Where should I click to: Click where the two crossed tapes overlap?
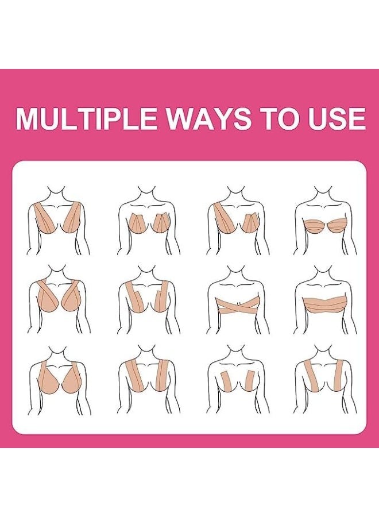click(x=237, y=303)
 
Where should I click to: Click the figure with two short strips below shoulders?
click(x=237, y=379)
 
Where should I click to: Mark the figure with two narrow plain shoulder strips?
click(x=325, y=379)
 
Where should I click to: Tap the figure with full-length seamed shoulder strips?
click(x=148, y=379)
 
